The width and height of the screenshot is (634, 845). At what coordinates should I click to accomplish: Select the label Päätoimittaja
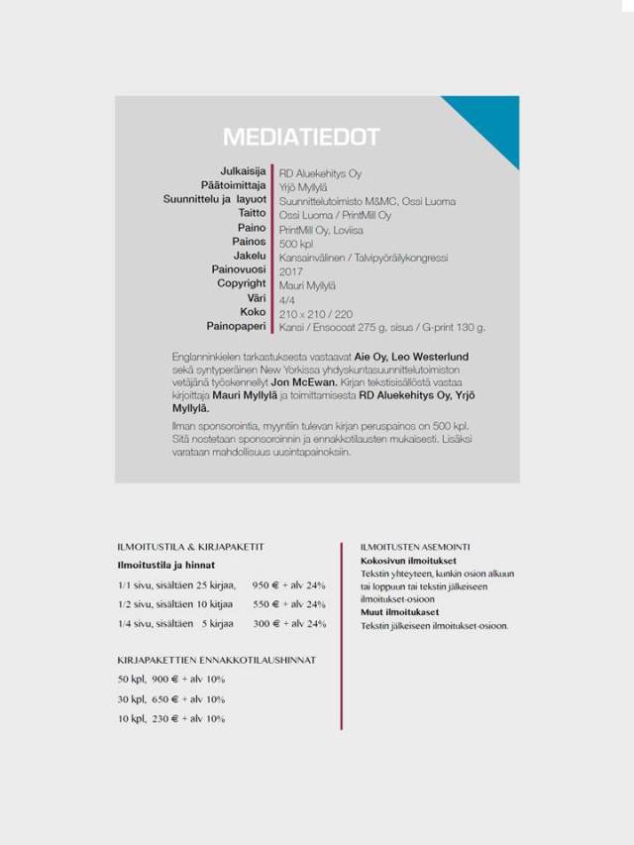pyautogui.click(x=234, y=185)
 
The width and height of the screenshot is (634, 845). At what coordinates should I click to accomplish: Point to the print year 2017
pyautogui.click(x=290, y=270)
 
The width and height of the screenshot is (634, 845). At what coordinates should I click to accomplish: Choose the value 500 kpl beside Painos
pyautogui.click(x=296, y=243)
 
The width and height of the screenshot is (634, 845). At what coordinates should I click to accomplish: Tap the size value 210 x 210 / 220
pyautogui.click(x=316, y=313)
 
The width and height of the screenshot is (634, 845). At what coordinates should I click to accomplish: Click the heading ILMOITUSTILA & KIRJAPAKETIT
pyautogui.click(x=190, y=547)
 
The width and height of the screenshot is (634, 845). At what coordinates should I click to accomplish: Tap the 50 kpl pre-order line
pyautogui.click(x=170, y=680)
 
